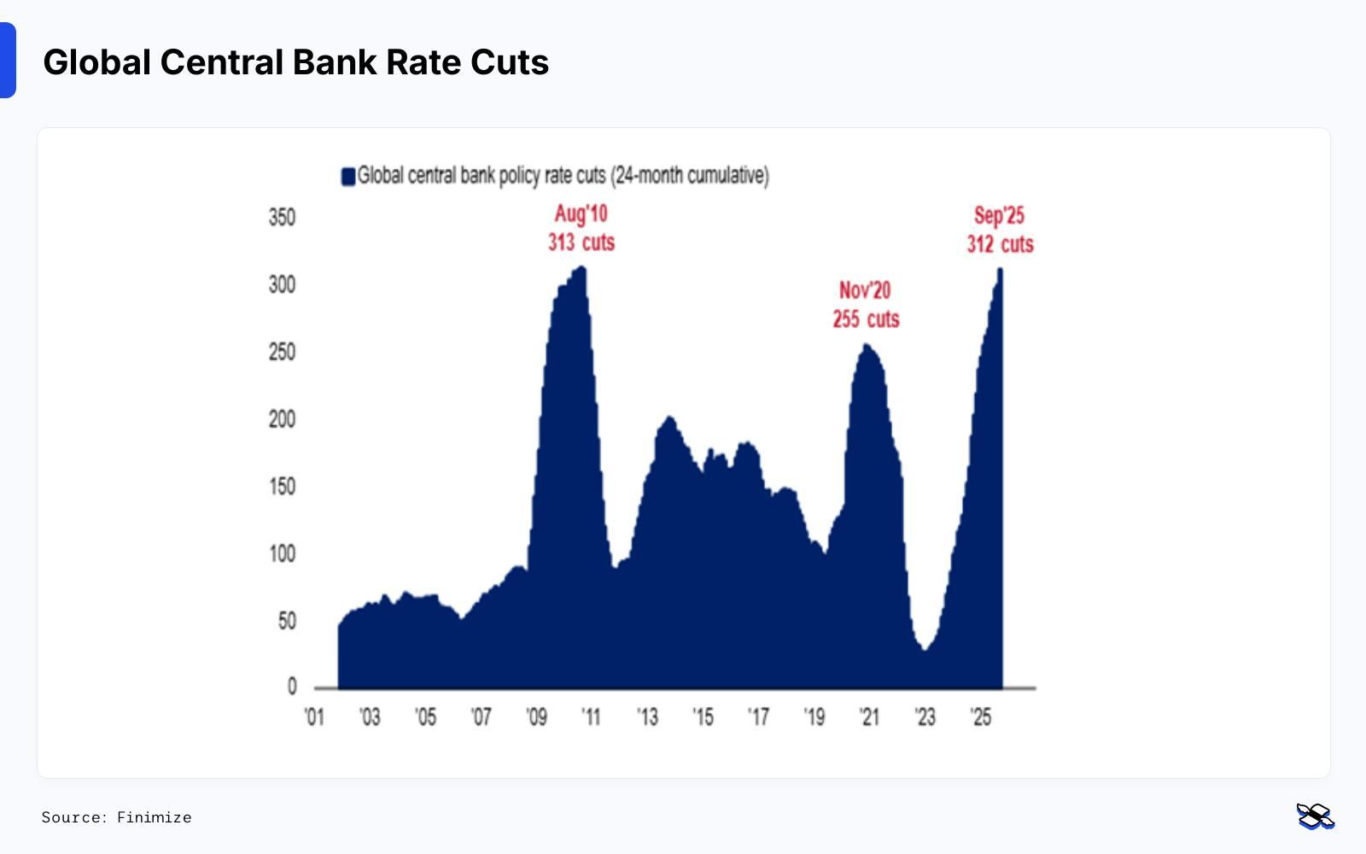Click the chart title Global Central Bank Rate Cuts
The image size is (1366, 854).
pos(295,62)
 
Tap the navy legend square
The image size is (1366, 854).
pos(347,177)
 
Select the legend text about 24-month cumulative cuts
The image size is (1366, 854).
pos(563,176)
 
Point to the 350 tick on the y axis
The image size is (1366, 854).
pos(282,217)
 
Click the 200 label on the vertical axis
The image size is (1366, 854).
pos(282,419)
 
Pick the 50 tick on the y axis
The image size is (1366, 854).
pos(286,621)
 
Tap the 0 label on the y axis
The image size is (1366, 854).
pos(292,687)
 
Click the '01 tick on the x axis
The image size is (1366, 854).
pos(314,717)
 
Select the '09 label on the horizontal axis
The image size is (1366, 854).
pos(536,717)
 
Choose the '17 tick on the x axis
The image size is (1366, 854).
pos(758,717)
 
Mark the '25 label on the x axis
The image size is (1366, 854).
pos(981,717)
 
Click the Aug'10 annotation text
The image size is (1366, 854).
pos(581,213)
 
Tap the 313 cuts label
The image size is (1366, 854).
pos(581,243)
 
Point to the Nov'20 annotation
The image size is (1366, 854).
pos(865,290)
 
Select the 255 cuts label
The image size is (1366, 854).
pos(866,319)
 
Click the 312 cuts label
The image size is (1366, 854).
pos(1000,244)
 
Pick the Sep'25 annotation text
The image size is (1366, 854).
pos(999,215)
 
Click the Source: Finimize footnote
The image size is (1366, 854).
pos(116,817)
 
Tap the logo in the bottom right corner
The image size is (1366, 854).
pos(1315,816)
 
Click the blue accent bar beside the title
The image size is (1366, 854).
pos(8,61)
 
